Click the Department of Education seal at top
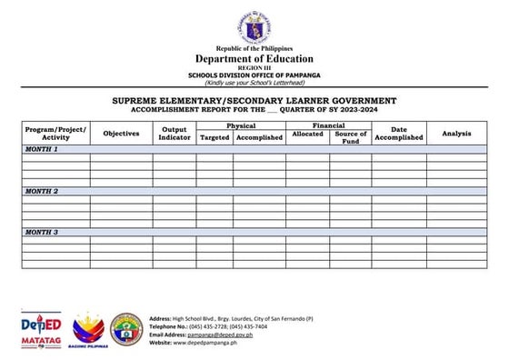(254, 25)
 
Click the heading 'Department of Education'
(254, 57)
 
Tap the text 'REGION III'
(254, 67)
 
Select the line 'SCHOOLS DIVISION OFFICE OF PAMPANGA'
(254, 74)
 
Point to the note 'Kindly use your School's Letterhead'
(254, 81)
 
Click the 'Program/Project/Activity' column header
(55, 133)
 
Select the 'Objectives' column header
(121, 134)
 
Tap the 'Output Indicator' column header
(175, 133)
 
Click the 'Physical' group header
(241, 125)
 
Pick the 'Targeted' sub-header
(215, 137)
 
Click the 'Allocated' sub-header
(307, 135)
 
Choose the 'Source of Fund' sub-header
(350, 137)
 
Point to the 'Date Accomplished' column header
(399, 134)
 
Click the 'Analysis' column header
(456, 134)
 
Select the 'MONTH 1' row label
(42, 149)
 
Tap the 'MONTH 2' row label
(42, 192)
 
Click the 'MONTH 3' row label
(42, 233)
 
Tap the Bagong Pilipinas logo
(88, 330)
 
